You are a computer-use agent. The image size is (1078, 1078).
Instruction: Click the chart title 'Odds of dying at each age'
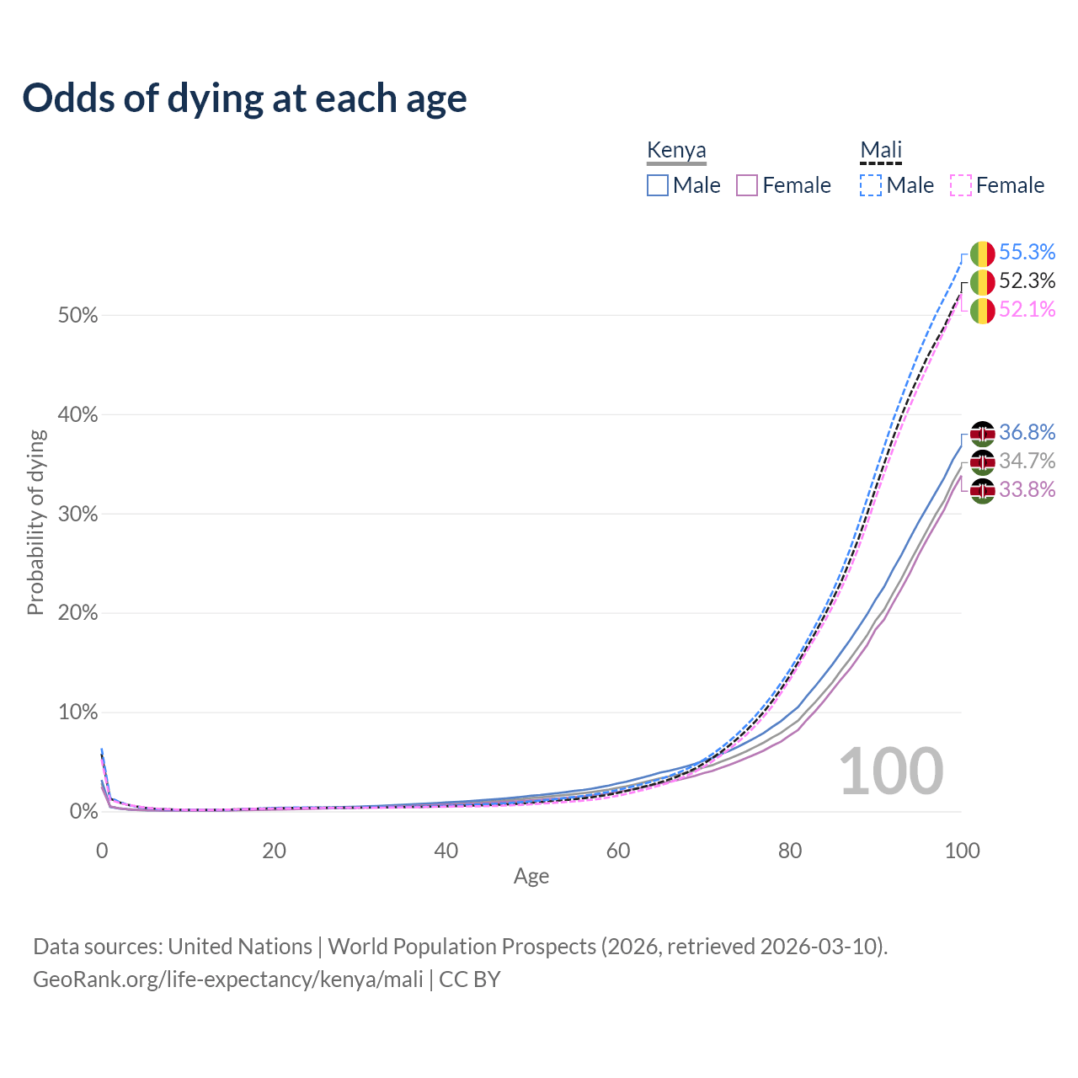pyautogui.click(x=244, y=99)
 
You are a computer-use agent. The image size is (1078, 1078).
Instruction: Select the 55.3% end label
pyautogui.click(x=1027, y=252)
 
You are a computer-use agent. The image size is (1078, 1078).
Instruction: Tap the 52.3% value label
pyautogui.click(x=1027, y=280)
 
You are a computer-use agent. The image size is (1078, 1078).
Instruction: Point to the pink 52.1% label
pyautogui.click(x=1027, y=309)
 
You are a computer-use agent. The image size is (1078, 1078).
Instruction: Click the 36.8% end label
pyautogui.click(x=1027, y=432)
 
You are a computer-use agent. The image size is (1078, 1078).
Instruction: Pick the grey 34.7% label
pyautogui.click(x=1027, y=461)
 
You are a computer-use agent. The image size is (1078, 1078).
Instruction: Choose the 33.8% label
pyautogui.click(x=1027, y=489)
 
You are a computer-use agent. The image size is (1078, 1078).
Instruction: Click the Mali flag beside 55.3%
pyautogui.click(x=982, y=253)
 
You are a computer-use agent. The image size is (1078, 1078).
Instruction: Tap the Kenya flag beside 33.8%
pyautogui.click(x=982, y=490)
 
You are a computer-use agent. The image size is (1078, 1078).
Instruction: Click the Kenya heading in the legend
pyautogui.click(x=676, y=151)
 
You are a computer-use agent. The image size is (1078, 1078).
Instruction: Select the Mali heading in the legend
pyautogui.click(x=881, y=151)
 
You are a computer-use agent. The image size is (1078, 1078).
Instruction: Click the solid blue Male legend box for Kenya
pyautogui.click(x=658, y=185)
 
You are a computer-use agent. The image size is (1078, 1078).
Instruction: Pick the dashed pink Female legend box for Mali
pyautogui.click(x=961, y=185)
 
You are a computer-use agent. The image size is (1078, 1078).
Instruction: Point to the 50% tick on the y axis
pyautogui.click(x=77, y=316)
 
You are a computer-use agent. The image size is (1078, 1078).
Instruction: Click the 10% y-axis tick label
pyautogui.click(x=77, y=712)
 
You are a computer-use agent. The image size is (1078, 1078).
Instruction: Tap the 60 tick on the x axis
pyautogui.click(x=618, y=851)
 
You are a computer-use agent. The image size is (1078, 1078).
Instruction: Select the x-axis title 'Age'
pyautogui.click(x=531, y=877)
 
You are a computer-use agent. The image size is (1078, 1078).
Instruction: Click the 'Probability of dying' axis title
pyautogui.click(x=35, y=522)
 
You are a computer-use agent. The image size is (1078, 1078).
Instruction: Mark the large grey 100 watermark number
pyautogui.click(x=891, y=771)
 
